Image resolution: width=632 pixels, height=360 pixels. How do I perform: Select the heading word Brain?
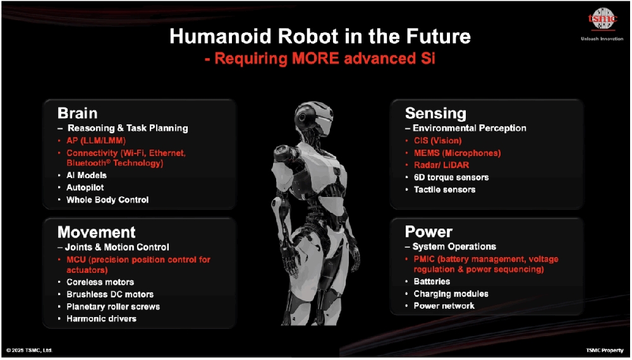point(77,113)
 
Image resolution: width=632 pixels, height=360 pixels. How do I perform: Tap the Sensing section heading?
point(435,114)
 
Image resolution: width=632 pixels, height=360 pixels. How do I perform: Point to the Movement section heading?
point(97,232)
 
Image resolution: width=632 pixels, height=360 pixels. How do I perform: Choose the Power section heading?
point(428,232)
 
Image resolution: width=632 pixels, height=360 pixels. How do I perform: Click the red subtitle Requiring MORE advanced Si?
point(320,59)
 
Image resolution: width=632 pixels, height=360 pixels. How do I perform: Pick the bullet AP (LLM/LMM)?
point(96,141)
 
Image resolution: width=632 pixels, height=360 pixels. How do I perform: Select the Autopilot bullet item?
point(85,188)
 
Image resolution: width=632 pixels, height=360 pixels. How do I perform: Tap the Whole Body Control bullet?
point(107,200)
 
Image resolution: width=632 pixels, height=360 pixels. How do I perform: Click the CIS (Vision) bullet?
point(438,141)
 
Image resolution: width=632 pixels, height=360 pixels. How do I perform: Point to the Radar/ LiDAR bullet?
point(441,165)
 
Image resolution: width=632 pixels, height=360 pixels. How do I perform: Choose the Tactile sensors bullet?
point(444,189)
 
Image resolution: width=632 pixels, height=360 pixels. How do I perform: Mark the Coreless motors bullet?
point(100,282)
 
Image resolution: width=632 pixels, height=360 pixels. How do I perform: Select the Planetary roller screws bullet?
point(113,307)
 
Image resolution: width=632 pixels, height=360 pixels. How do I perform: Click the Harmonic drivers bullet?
point(102,319)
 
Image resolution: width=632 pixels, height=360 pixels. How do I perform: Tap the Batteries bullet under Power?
point(432,282)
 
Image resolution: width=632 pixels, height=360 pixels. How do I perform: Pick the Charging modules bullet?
point(451,294)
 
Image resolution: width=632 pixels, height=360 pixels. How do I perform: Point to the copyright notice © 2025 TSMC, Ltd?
point(30,351)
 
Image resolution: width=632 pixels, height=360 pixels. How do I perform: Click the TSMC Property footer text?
point(605,351)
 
